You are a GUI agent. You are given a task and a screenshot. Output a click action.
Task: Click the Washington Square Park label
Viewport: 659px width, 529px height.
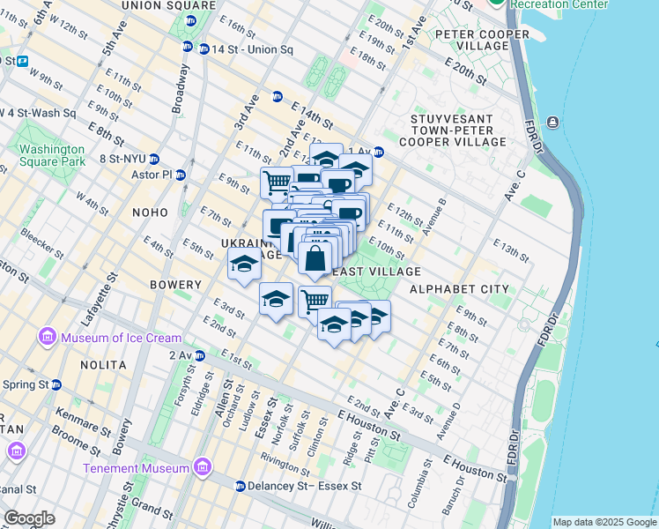pyautogui.click(x=52, y=155)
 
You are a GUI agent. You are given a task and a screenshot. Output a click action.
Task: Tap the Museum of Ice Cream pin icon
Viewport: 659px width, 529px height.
pyautogui.click(x=46, y=338)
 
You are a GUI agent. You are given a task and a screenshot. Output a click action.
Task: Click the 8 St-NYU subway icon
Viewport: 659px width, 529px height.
pyautogui.click(x=154, y=160)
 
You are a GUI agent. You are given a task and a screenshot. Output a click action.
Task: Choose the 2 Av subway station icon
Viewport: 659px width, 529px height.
pyautogui.click(x=200, y=356)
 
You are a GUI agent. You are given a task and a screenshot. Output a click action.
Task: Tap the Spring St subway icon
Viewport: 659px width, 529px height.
pyautogui.click(x=56, y=384)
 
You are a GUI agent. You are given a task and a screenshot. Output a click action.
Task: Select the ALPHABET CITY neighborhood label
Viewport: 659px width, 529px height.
pyautogui.click(x=458, y=288)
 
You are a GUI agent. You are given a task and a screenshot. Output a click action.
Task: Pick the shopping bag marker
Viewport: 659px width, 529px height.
pyautogui.click(x=315, y=259)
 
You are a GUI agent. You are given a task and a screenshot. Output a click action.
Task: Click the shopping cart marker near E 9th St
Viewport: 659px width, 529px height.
pyautogui.click(x=277, y=183)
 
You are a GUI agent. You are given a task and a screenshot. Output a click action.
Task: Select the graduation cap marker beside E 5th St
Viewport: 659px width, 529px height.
pyautogui.click(x=244, y=264)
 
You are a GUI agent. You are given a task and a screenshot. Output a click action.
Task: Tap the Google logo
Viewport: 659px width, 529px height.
pyautogui.click(x=29, y=518)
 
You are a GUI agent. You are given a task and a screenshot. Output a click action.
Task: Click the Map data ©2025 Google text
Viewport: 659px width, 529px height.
pyautogui.click(x=603, y=522)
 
